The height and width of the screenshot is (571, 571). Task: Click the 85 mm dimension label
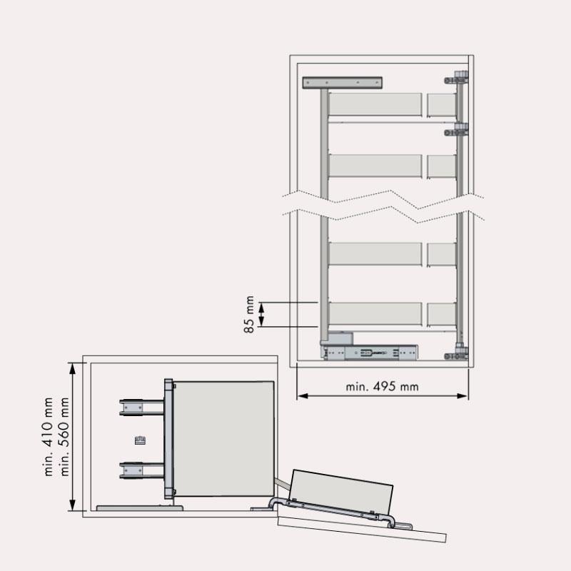click(249, 314)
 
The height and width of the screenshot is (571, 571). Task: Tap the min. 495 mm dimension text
click(382, 386)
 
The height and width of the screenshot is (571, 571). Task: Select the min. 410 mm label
click(49, 437)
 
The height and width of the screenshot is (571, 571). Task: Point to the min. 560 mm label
click(64, 437)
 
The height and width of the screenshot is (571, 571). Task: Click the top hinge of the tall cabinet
click(456, 78)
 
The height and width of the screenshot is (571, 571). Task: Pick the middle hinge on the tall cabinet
click(456, 129)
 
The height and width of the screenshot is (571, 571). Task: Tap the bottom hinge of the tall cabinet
click(456, 353)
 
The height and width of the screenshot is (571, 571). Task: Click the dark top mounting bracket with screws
click(343, 83)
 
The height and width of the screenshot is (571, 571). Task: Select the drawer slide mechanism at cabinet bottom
click(369, 353)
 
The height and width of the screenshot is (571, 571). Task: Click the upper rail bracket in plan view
click(141, 407)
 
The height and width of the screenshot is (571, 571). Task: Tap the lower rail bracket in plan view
click(141, 470)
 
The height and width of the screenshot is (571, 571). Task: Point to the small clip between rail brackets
click(140, 440)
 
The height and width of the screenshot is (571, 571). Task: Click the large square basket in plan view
click(223, 438)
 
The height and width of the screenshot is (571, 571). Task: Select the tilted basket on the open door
click(342, 491)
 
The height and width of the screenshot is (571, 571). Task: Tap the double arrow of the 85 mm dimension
click(261, 315)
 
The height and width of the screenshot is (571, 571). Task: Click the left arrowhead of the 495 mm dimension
click(302, 396)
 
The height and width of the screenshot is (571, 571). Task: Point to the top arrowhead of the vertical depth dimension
click(73, 368)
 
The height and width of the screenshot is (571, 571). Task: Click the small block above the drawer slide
click(340, 338)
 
